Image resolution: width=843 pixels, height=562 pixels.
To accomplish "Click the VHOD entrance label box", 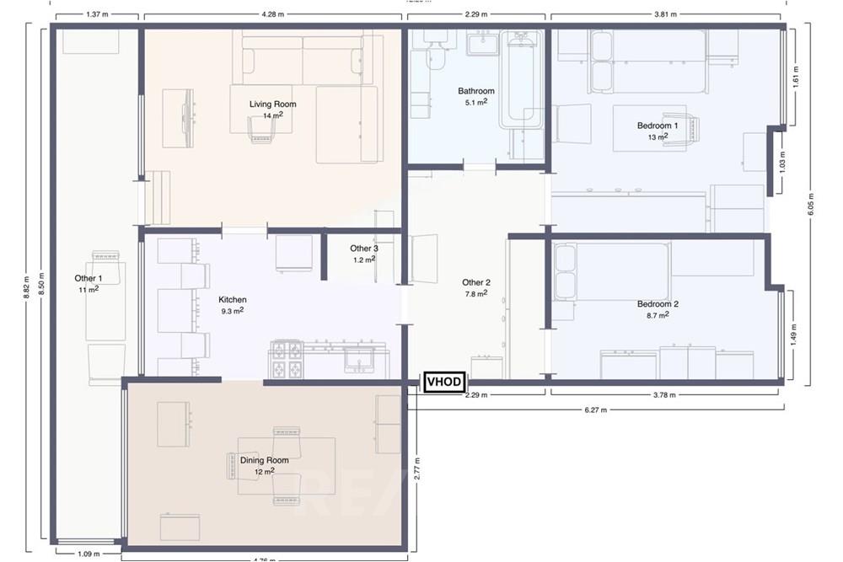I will [443, 383].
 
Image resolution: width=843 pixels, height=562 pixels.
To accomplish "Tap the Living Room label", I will [272, 104].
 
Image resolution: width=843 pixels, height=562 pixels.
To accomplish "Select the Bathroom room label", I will [476, 91].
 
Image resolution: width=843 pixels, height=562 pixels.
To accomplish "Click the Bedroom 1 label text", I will [658, 126].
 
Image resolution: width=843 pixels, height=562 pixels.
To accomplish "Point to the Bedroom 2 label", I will [658, 304].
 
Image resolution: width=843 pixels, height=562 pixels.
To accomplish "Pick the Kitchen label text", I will [233, 300].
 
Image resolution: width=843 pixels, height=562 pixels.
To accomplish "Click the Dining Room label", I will [265, 461].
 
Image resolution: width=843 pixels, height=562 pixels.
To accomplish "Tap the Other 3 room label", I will [364, 249].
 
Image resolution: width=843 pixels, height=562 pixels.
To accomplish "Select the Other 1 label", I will [89, 279].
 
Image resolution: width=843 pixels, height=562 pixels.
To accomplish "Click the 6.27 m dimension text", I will [596, 410].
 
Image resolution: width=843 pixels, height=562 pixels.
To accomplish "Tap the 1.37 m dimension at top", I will [99, 14].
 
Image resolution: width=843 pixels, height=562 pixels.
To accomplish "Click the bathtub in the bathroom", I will [520, 80].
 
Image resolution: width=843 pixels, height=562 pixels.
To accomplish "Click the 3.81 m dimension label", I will [666, 14].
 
